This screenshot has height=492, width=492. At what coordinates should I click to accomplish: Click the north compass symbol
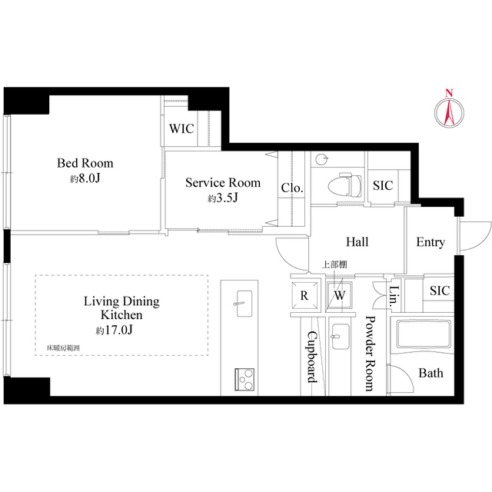pos(448,110)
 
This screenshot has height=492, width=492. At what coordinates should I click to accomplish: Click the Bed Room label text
pos(85,163)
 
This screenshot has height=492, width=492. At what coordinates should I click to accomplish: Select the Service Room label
pos(223,183)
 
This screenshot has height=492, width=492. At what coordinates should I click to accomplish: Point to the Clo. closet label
pos(291,188)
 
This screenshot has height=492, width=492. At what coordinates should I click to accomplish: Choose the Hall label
pos(357,242)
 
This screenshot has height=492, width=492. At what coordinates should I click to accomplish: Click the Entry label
pos(430,242)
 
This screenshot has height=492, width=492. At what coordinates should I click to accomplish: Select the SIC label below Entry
pos(440,291)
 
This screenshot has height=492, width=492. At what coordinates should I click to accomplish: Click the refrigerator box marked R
pos(304,295)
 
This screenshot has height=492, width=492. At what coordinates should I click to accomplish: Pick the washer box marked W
pos(339,295)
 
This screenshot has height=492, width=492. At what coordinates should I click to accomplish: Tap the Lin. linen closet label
pos(394,295)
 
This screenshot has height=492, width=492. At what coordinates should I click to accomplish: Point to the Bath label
pos(430,373)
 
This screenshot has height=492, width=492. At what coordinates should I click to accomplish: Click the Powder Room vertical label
pos(370,354)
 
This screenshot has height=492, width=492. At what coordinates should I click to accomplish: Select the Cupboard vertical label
pos(312,357)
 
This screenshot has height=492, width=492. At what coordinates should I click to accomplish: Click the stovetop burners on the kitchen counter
pos(245,377)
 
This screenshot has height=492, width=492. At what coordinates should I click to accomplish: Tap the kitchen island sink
pos(243,300)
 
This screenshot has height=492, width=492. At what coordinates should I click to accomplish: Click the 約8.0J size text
pos(85,178)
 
